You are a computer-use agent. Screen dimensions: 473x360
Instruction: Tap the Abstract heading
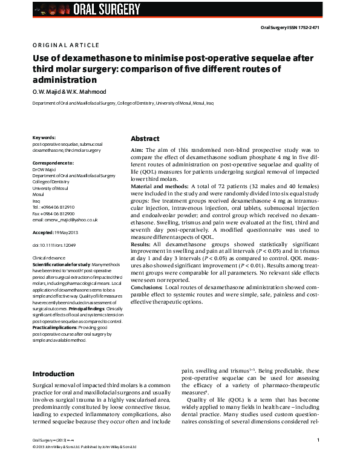point(145,138)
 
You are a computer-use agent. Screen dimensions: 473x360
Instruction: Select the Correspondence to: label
point(53,163)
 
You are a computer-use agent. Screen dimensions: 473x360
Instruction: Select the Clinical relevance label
point(48,258)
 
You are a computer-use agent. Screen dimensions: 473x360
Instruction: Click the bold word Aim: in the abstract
point(137,149)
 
